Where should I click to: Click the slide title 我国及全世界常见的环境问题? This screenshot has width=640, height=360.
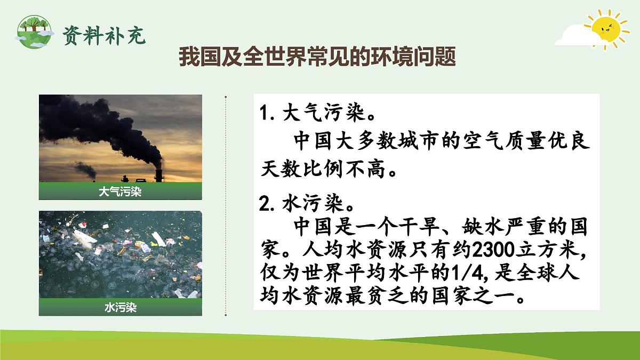317,57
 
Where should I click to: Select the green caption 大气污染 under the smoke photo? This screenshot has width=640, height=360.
120,192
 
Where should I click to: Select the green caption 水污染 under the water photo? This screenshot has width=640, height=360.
120,308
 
